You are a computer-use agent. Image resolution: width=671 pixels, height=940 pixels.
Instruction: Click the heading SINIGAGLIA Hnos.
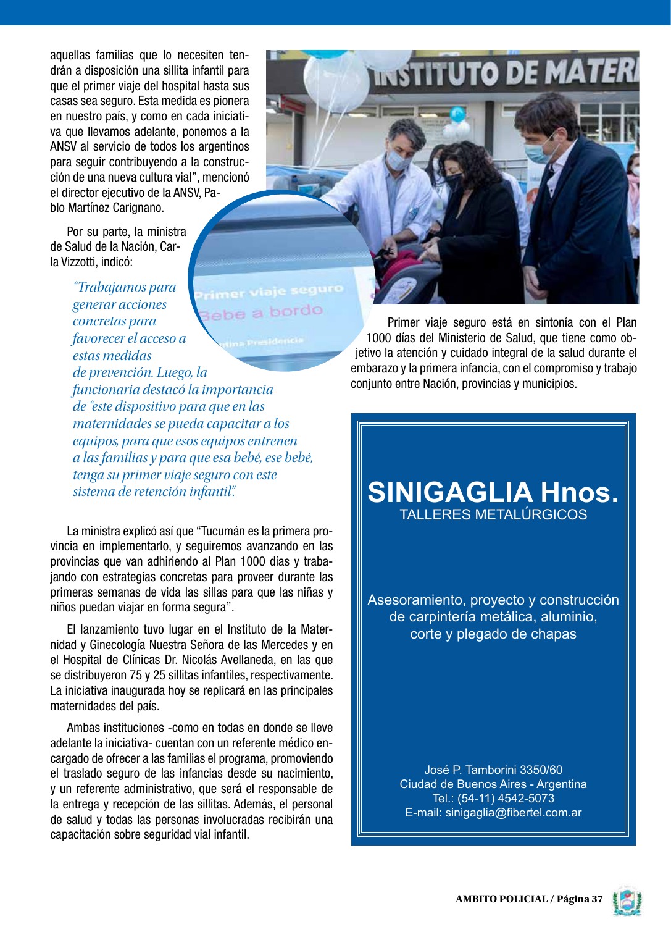click(x=493, y=492)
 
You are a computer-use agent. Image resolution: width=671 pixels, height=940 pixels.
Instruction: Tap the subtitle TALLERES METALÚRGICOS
click(x=493, y=514)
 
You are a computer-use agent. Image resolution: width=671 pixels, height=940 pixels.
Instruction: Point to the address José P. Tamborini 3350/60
click(x=493, y=770)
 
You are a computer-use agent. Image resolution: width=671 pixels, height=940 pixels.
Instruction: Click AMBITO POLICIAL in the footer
click(x=501, y=899)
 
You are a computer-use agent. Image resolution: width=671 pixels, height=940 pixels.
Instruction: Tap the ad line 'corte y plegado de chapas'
click(x=493, y=634)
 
